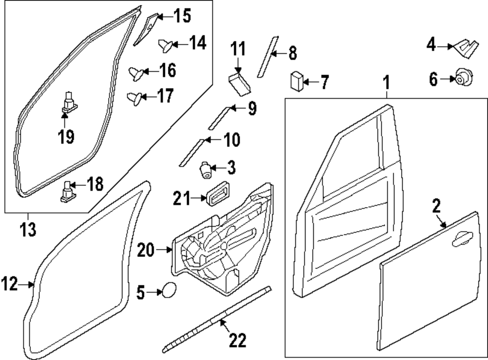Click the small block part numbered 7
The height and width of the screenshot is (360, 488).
tap(297, 81)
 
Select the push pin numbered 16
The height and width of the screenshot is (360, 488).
tap(136, 73)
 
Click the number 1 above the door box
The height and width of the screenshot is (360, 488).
tap(386, 84)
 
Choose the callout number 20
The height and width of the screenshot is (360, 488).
tap(147, 250)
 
